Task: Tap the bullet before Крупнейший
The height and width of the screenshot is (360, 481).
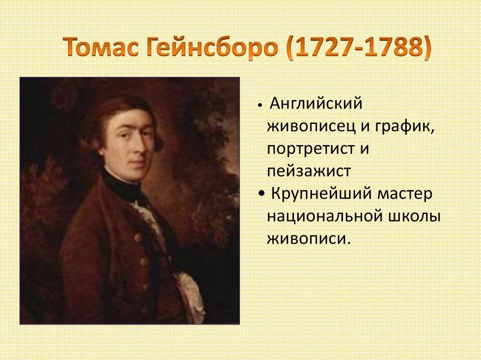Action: [261, 194]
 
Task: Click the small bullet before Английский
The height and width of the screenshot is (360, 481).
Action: [260, 105]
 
